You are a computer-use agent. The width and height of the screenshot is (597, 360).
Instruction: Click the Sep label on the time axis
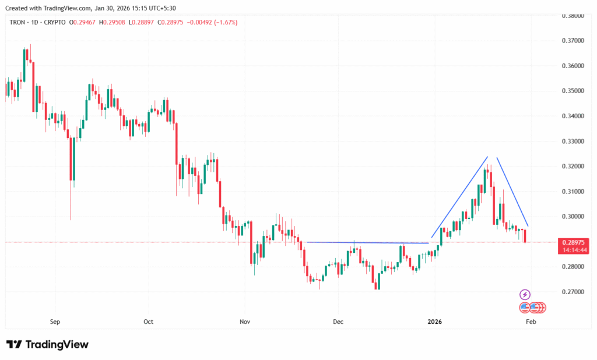(x=55, y=321)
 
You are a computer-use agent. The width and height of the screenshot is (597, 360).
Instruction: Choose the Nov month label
(x=245, y=321)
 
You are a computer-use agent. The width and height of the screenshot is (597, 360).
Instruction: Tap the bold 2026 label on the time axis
(x=434, y=321)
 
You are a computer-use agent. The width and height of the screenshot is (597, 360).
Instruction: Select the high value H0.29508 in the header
(x=116, y=22)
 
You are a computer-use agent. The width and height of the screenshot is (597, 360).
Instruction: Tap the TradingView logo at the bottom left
(x=47, y=344)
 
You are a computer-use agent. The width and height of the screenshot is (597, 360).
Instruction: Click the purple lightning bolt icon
(x=525, y=294)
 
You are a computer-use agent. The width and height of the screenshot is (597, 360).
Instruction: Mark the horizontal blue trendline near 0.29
(x=367, y=242)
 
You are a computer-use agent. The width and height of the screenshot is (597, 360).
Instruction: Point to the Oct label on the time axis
(x=148, y=321)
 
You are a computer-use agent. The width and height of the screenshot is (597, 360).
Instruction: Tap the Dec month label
(x=338, y=321)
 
